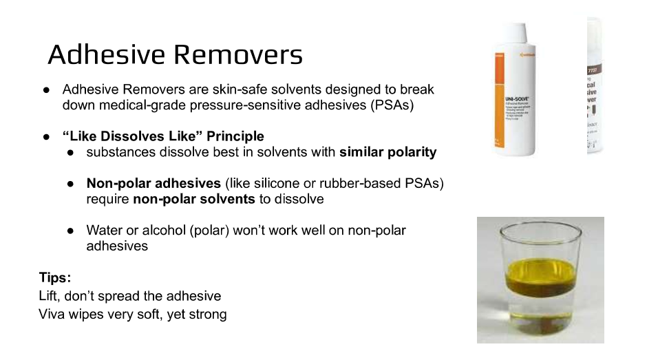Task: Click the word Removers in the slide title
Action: click(240, 54)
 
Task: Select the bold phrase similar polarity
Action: click(388, 152)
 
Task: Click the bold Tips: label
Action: click(55, 278)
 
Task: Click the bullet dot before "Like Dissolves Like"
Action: click(46, 136)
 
